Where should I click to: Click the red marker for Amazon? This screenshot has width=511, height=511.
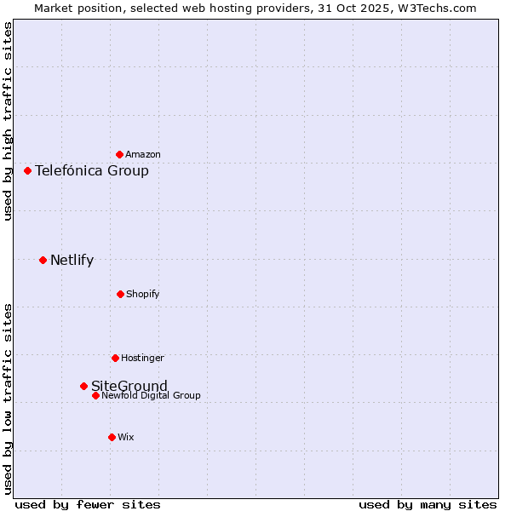click(x=119, y=154)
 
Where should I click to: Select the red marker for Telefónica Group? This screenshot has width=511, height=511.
click(x=27, y=170)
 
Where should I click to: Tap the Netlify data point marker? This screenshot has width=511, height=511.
click(x=43, y=260)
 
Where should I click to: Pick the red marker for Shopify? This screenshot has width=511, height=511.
click(x=120, y=294)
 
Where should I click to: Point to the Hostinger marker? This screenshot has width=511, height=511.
click(x=115, y=358)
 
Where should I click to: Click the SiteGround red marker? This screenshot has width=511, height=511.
click(x=83, y=386)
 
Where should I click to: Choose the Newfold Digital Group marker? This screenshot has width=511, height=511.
click(x=95, y=395)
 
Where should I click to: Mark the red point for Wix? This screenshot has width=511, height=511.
click(x=112, y=437)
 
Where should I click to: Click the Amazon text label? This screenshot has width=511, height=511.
click(x=143, y=155)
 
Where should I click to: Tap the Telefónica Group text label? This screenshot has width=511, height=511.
click(x=92, y=170)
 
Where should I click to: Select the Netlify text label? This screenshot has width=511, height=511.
click(x=72, y=261)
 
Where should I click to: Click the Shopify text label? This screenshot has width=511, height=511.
click(x=143, y=295)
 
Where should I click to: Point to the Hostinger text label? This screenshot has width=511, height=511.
click(x=142, y=358)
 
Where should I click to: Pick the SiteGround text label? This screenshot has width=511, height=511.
click(x=129, y=386)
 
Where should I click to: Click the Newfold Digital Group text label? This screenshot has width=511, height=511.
click(x=151, y=395)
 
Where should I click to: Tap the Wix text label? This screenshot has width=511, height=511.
click(x=126, y=438)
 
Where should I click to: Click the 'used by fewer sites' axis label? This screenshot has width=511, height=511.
click(x=88, y=504)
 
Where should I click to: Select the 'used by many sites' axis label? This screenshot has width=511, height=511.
click(x=428, y=504)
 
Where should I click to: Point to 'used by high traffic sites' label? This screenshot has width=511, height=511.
click(x=9, y=122)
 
